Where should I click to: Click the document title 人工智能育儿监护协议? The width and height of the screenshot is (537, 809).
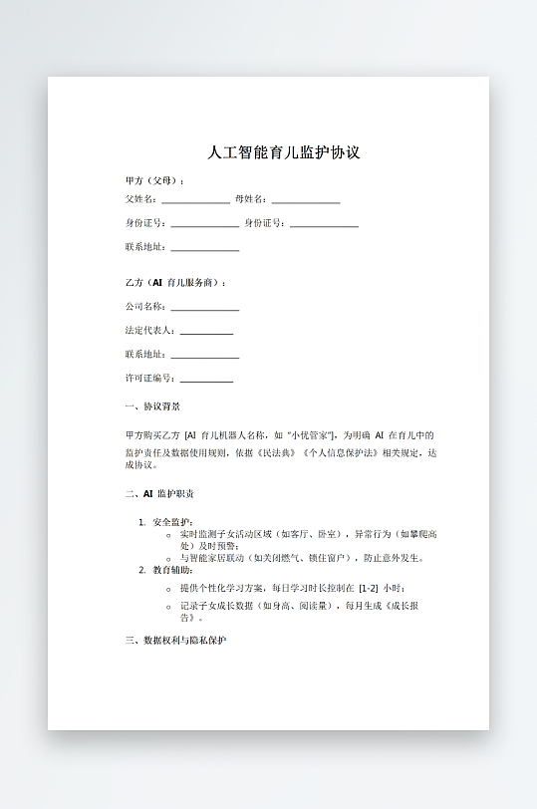(282, 153)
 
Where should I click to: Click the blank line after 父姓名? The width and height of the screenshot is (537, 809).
(195, 201)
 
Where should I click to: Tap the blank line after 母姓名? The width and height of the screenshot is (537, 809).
(306, 201)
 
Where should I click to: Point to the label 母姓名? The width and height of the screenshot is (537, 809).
(250, 199)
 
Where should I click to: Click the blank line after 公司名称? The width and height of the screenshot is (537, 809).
(204, 309)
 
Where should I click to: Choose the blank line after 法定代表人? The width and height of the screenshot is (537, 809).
(206, 333)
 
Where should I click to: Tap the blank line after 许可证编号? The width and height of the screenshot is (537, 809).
(206, 381)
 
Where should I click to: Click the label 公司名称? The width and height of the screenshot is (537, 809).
(145, 307)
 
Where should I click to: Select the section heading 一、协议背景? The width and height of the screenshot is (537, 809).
(152, 406)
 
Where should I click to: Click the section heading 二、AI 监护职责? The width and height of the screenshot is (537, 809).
(159, 494)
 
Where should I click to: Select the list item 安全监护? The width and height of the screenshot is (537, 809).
(172, 522)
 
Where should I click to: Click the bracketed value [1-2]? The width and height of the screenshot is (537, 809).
(369, 589)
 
